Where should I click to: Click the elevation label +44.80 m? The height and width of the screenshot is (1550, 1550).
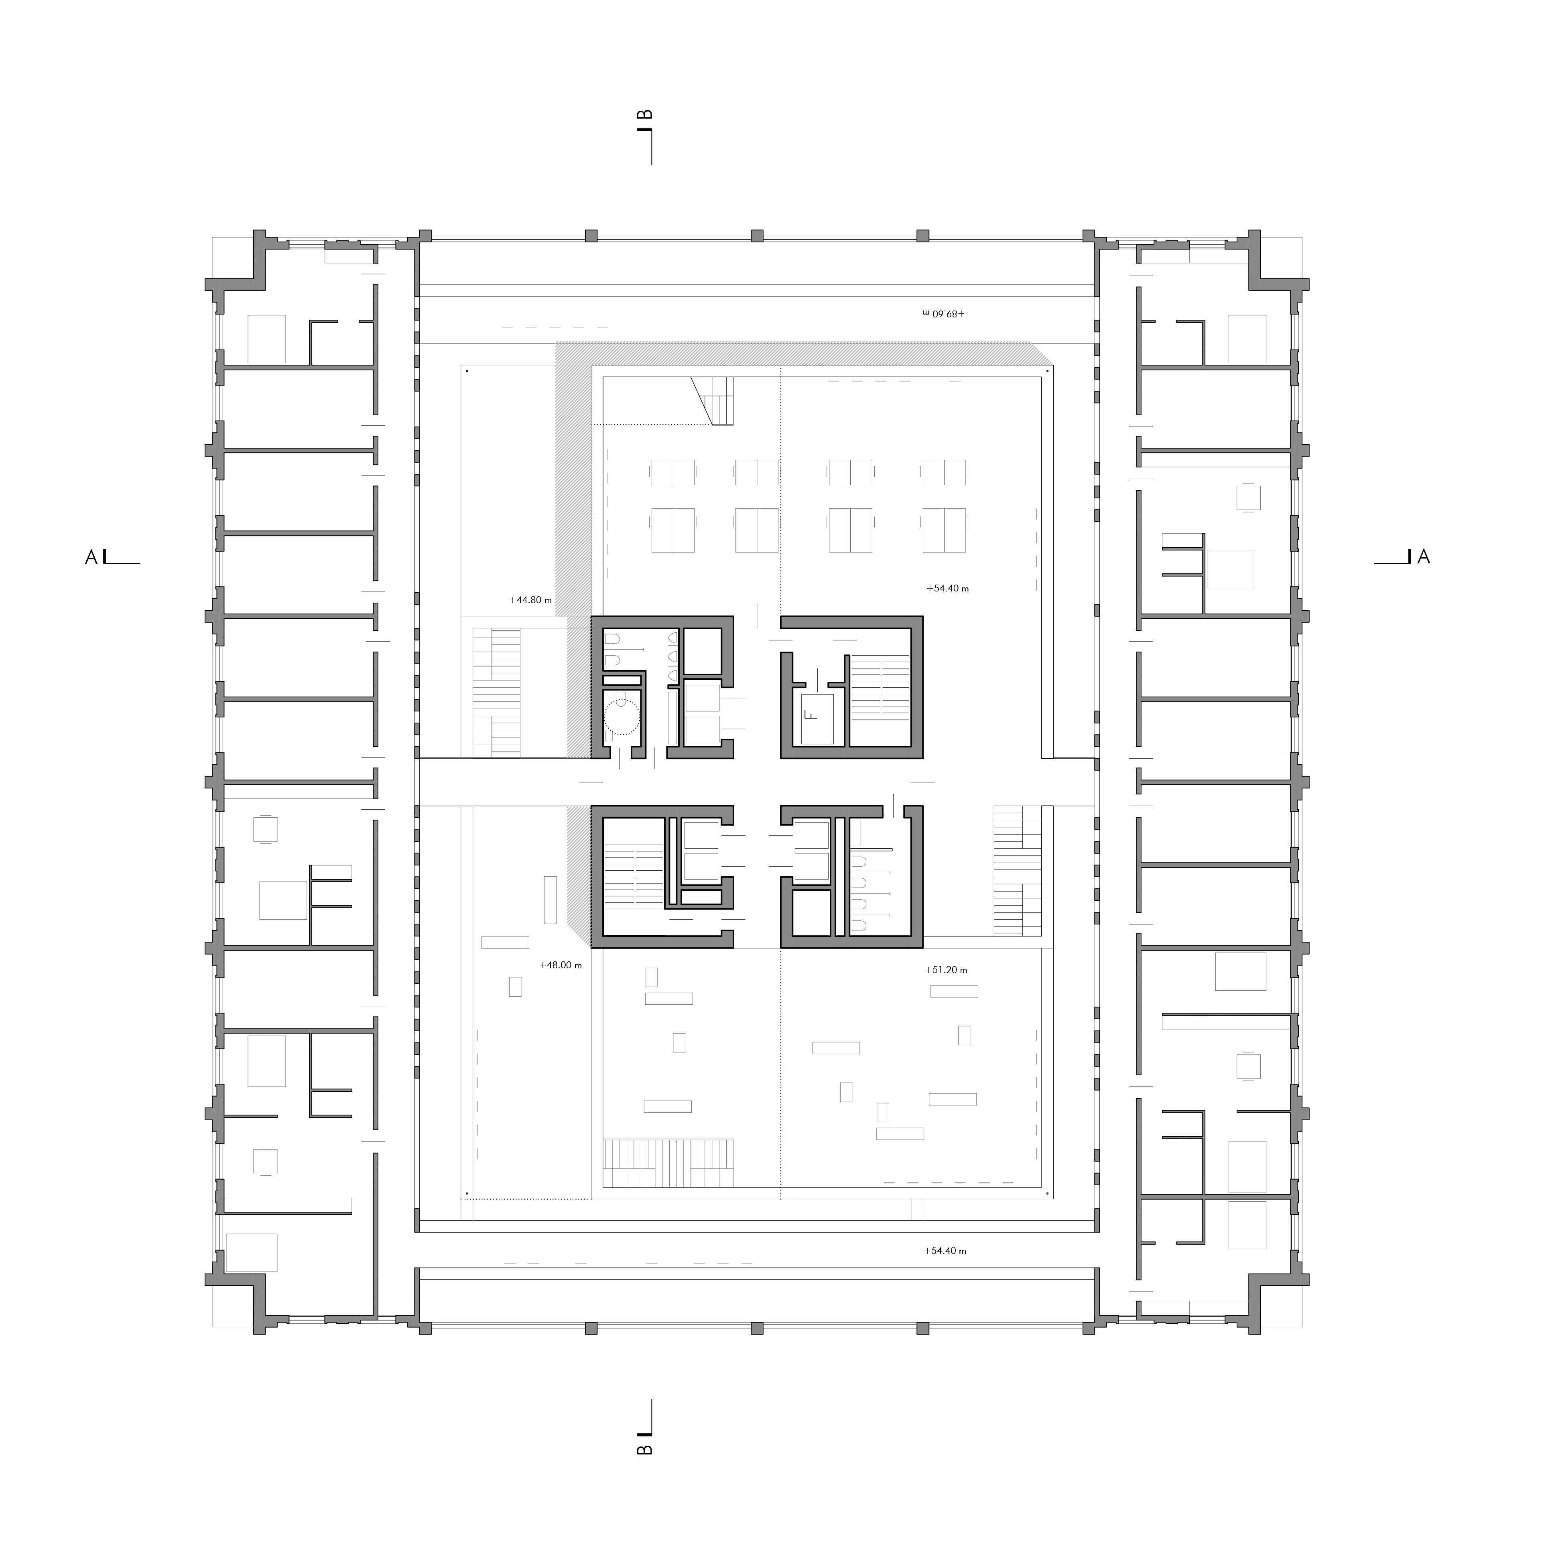tap(530, 599)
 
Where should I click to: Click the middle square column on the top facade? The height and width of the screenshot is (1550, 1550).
tap(757, 236)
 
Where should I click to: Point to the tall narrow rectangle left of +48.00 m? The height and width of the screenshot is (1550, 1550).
tap(551, 899)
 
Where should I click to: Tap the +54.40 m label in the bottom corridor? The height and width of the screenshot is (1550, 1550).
tap(945, 1251)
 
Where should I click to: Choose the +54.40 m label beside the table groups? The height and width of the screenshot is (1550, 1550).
tap(947, 588)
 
